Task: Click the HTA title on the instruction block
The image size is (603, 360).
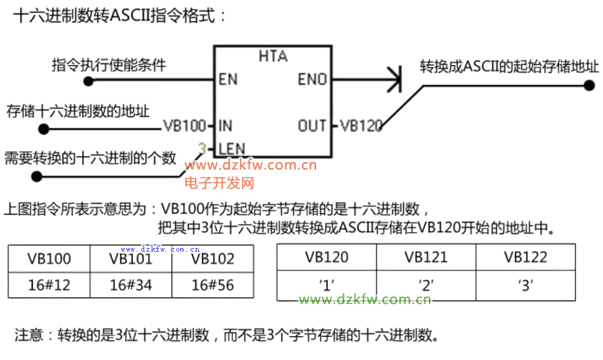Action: [273, 57]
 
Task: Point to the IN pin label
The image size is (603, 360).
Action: [225, 125]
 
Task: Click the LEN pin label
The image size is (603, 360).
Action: [232, 148]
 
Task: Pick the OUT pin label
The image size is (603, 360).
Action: [312, 125]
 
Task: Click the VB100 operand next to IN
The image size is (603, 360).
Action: [184, 125]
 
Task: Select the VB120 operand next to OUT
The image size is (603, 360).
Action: [361, 125]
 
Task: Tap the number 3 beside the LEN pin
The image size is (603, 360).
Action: [202, 148]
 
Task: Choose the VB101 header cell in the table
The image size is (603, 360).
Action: [130, 259]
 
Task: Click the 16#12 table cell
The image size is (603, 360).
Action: [49, 285]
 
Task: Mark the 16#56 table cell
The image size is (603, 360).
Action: [212, 285]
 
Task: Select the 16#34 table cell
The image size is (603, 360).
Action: [130, 285]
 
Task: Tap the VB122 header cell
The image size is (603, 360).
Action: [525, 258]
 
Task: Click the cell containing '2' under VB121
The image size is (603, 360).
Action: [426, 284]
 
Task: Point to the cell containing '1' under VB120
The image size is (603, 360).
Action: [327, 284]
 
